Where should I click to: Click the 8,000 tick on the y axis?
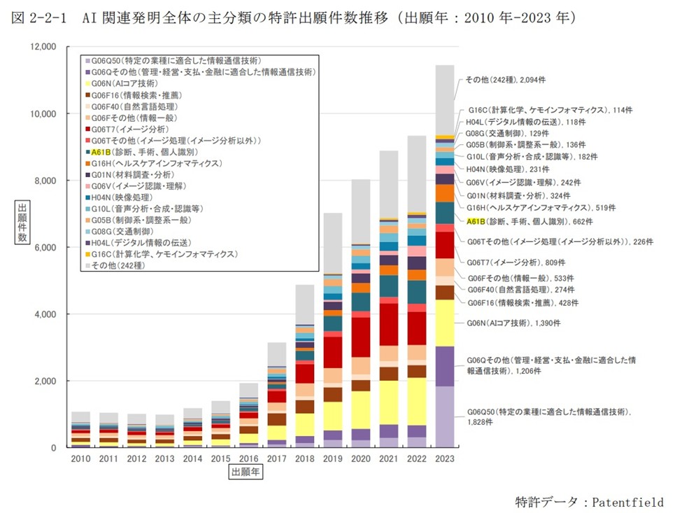click(44, 181)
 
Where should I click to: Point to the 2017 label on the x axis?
click(277, 458)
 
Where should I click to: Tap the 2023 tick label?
click(445, 458)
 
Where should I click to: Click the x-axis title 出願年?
click(246, 473)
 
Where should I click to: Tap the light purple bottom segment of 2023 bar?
click(445, 416)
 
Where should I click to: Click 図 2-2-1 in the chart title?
click(38, 17)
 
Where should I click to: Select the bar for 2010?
click(81, 430)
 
